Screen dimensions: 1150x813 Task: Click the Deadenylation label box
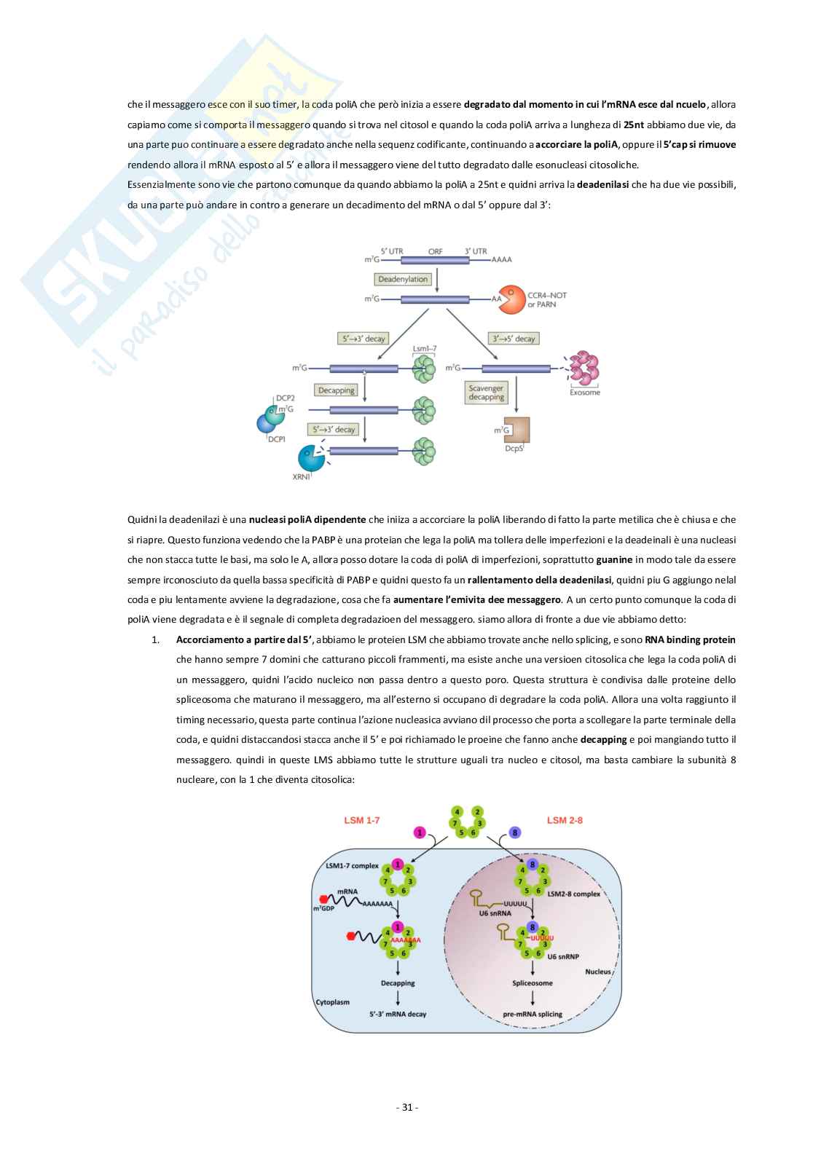(403, 279)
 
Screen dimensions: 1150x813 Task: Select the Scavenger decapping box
(486, 393)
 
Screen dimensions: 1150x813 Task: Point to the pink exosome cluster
(584, 369)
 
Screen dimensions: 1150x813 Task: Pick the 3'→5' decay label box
(514, 338)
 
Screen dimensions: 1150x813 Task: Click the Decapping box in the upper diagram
(336, 390)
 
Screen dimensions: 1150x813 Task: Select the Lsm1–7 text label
(424, 349)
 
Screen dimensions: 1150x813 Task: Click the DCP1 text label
(276, 439)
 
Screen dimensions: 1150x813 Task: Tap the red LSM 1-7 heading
(362, 820)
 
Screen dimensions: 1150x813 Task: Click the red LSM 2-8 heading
(565, 820)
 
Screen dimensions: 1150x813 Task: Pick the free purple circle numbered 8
(515, 832)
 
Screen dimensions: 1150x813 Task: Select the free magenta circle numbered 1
(420, 832)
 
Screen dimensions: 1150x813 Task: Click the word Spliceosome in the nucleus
(533, 983)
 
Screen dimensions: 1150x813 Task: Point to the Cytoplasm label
(332, 1002)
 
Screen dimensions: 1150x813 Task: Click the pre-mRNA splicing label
(533, 1015)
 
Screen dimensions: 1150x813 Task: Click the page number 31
(406, 1107)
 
